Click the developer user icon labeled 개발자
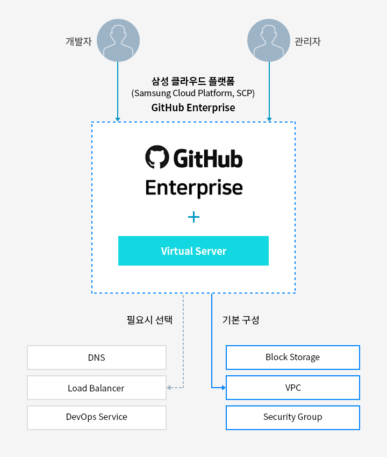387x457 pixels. click(118, 40)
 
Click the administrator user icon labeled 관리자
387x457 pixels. click(269, 40)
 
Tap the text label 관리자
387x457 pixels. click(307, 41)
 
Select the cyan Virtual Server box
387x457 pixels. click(193, 251)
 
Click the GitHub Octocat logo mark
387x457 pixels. click(156, 158)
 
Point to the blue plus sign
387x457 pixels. click(193, 217)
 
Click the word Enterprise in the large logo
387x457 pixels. click(193, 188)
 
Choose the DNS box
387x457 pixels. click(97, 358)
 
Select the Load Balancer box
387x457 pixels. click(97, 388)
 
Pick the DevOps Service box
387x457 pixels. click(97, 417)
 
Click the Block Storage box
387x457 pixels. click(292, 358)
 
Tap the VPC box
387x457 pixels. click(292, 388)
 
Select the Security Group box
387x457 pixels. click(292, 417)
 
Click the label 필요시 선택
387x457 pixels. click(149, 320)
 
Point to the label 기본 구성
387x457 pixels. click(241, 320)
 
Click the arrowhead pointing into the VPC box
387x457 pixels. click(223, 388)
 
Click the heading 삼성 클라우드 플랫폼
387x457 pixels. click(193, 82)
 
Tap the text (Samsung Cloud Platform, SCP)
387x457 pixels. click(193, 94)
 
